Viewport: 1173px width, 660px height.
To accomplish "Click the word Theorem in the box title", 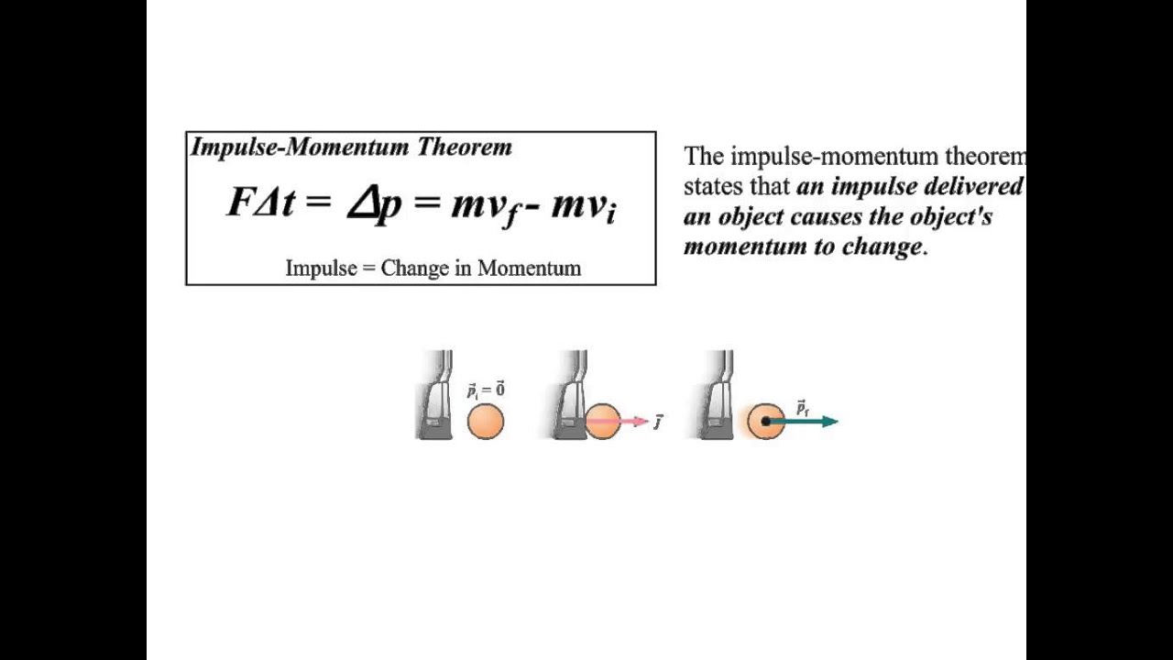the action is pyautogui.click(x=465, y=148).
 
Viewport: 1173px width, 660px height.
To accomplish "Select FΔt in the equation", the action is pyautogui.click(x=260, y=203).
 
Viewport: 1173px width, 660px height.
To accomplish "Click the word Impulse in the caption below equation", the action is pyautogui.click(x=320, y=269).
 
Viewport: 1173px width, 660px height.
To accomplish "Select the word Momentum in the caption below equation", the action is pyautogui.click(x=529, y=269).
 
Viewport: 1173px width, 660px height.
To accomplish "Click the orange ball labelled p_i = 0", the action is pyautogui.click(x=486, y=422).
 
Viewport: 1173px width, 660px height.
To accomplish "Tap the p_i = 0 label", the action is pyautogui.click(x=486, y=390).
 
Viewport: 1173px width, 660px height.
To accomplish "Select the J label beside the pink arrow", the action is pyautogui.click(x=658, y=422).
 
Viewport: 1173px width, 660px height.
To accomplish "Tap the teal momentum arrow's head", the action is pyautogui.click(x=829, y=422).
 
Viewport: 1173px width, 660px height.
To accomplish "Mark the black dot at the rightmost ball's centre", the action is pyautogui.click(x=766, y=422).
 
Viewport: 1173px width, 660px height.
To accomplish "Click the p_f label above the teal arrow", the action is pyautogui.click(x=803, y=408).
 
